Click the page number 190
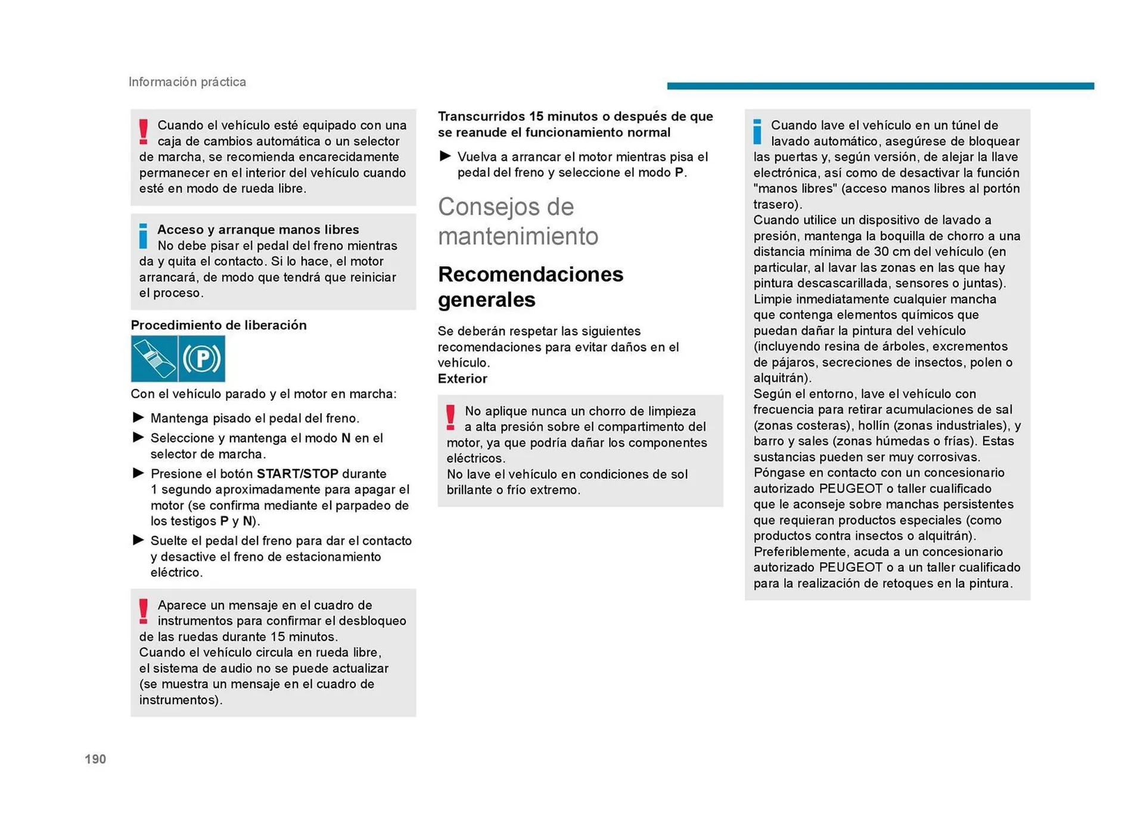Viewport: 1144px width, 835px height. pyautogui.click(x=95, y=759)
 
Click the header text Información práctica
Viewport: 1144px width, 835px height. pyautogui.click(x=187, y=82)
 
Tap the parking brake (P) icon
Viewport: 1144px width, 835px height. pyautogui.click(x=202, y=359)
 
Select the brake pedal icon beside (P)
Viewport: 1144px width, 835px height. pyautogui.click(x=154, y=359)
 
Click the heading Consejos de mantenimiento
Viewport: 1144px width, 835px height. pyautogui.click(x=517, y=221)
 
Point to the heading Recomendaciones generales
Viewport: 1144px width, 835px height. pyautogui.click(x=530, y=286)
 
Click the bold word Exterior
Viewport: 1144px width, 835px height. pyautogui.click(x=462, y=379)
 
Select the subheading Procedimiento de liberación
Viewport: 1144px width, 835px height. pyautogui.click(x=219, y=325)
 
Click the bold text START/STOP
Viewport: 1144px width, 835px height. pyautogui.click(x=297, y=473)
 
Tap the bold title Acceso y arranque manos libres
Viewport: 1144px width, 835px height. pyautogui.click(x=257, y=230)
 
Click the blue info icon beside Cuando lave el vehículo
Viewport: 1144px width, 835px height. pyautogui.click(x=757, y=132)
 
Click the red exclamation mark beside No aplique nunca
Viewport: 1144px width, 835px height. pyautogui.click(x=450, y=417)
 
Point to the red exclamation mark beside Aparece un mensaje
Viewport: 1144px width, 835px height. pyautogui.click(x=143, y=612)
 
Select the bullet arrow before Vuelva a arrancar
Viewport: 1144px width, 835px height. pyautogui.click(x=445, y=156)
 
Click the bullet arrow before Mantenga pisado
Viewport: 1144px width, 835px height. pyautogui.click(x=138, y=417)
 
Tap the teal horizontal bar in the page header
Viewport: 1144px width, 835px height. pyautogui.click(x=880, y=86)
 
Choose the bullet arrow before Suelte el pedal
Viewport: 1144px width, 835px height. pyautogui.click(x=138, y=540)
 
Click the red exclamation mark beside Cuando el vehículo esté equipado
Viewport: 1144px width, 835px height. pyautogui.click(x=143, y=132)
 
